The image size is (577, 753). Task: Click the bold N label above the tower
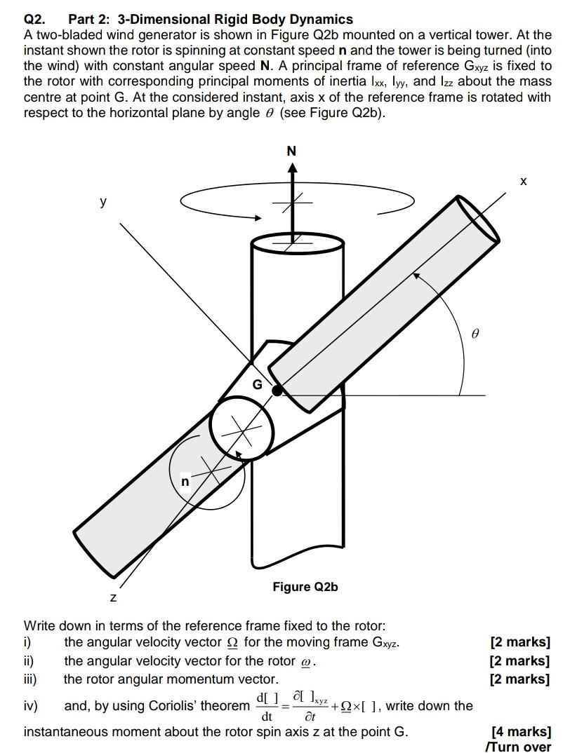pyautogui.click(x=291, y=151)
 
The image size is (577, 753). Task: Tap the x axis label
pyautogui.click(x=523, y=182)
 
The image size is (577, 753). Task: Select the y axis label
pyautogui.click(x=104, y=202)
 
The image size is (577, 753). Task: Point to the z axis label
pyautogui.click(x=113, y=597)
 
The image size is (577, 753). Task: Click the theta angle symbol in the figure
pyautogui.click(x=475, y=335)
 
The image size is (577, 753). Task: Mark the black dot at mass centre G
pyautogui.click(x=278, y=390)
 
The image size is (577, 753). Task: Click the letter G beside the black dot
pyautogui.click(x=257, y=385)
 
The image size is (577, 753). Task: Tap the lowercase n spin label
pyautogui.click(x=185, y=482)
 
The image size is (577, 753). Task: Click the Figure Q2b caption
pyautogui.click(x=305, y=586)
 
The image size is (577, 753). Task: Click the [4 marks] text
pyautogui.click(x=521, y=732)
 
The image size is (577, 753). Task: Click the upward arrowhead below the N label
pyautogui.click(x=291, y=168)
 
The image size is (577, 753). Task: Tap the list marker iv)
pyautogui.click(x=32, y=706)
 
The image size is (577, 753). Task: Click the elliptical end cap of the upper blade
pyautogui.click(x=477, y=219)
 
